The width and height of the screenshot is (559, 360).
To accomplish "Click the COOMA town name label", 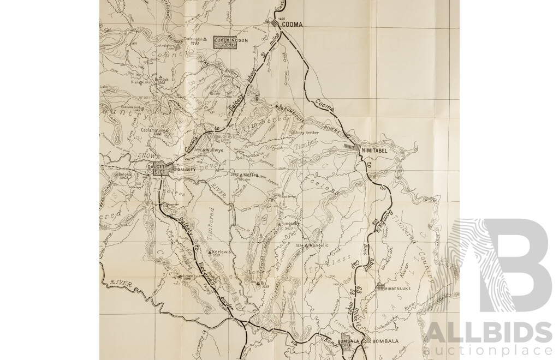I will click(292, 25).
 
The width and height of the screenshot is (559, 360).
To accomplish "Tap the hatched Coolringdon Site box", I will click(225, 43).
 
